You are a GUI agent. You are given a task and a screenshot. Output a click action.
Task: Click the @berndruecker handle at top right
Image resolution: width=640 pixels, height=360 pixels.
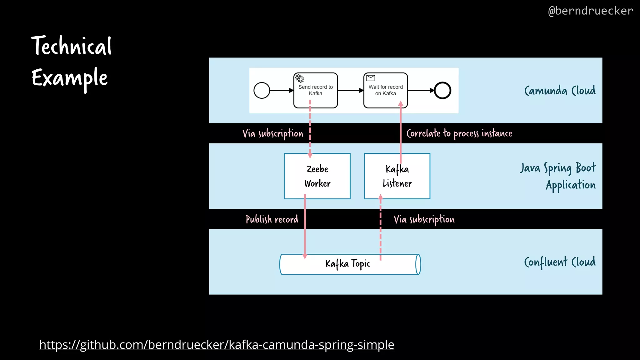point(590,11)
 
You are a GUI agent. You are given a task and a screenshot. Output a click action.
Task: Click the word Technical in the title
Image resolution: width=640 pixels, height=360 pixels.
point(71,46)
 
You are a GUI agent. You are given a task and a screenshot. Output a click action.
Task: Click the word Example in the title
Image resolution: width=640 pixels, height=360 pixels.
point(69,78)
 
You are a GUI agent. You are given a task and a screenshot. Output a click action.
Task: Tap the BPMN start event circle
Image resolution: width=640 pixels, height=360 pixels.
point(262,91)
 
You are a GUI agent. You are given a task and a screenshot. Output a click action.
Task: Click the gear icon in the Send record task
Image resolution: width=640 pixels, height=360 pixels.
point(300,78)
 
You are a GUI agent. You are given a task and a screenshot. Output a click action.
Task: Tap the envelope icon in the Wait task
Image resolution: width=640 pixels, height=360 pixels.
point(371,78)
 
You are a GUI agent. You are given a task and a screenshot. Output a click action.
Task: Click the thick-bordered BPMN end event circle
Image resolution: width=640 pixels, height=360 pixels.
point(442,91)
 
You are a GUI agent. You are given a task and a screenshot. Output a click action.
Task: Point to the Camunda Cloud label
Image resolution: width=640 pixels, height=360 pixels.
point(560,91)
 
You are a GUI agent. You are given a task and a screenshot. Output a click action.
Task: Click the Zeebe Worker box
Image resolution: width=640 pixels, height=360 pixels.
point(317,176)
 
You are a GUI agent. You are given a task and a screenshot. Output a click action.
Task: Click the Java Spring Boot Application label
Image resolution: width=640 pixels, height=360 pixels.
point(558,176)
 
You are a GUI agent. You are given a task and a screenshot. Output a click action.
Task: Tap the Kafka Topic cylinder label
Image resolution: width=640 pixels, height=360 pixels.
point(347,264)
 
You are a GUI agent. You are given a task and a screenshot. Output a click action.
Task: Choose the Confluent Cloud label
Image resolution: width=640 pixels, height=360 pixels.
point(560,262)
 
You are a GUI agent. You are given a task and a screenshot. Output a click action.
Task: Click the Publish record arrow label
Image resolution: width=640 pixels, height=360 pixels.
point(272,219)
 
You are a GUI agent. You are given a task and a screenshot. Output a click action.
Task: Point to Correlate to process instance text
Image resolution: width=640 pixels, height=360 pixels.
point(459,133)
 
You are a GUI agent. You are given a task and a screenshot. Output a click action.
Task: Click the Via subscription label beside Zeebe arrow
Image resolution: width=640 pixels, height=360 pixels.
point(273,133)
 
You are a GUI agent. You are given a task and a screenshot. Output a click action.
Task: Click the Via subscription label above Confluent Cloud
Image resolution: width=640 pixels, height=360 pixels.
point(424,219)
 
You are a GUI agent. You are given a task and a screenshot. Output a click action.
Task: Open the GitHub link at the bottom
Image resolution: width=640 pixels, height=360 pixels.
point(217,345)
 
